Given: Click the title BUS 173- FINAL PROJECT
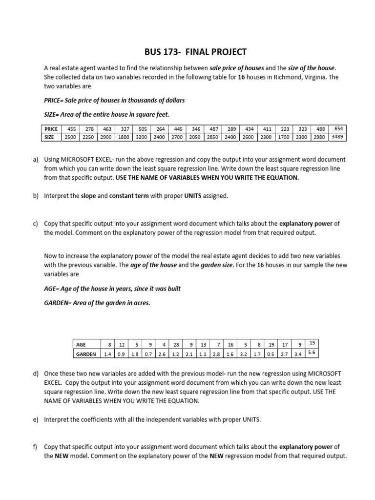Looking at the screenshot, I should pos(195,51).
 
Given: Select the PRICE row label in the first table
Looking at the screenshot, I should pos(51,129).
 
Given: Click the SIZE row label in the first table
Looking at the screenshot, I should pos(49,137).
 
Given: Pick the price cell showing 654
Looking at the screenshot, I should pos(338,128).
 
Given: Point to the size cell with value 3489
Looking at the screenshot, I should pos(337,137).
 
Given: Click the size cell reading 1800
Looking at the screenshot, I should pos(125,137).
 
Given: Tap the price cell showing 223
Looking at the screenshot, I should pos(285,129).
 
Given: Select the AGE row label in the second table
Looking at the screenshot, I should pos(81,344).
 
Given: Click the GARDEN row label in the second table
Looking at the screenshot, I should pos(86,354).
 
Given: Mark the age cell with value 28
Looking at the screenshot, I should pos(176,344).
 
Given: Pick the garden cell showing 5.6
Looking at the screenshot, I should pos(313,353).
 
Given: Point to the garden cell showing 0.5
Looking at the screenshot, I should pos(271,354).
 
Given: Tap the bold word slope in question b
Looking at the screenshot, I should pos(88,196).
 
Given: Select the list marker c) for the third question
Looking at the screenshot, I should pos(36,224).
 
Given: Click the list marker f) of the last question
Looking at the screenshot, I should pos(36,447).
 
